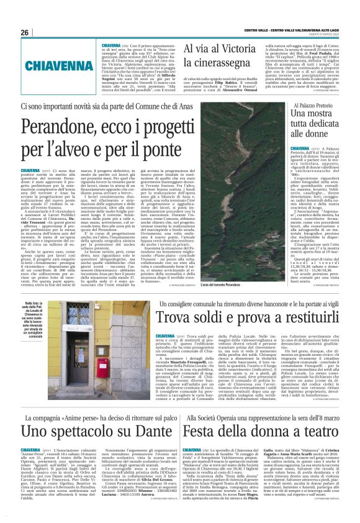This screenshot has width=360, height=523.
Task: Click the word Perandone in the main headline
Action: pos(65,132)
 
